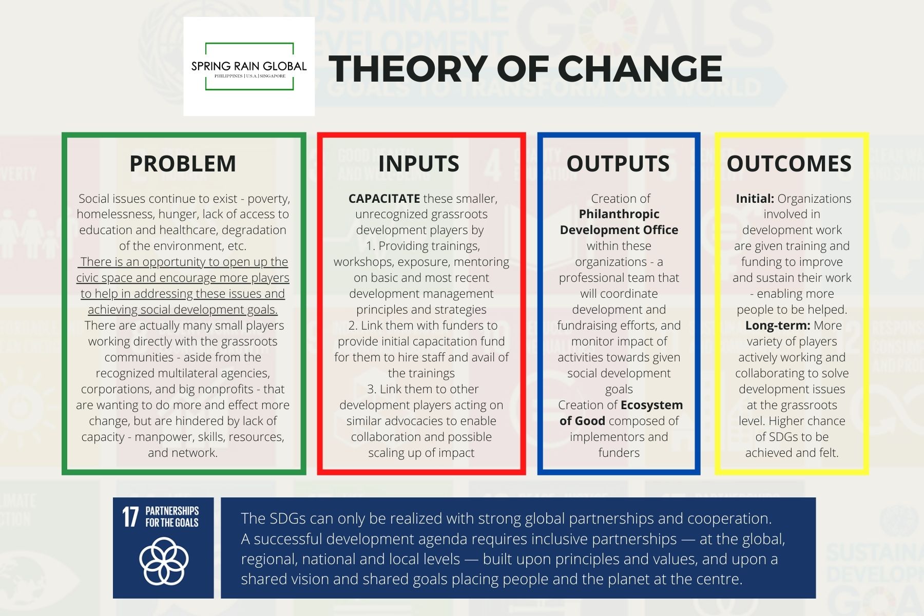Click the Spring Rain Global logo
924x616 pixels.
pos(249,67)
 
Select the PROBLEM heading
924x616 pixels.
pos(183,164)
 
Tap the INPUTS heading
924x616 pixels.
pos(419,164)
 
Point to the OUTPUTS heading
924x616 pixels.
pos(618,164)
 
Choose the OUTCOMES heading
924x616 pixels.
pos(789,164)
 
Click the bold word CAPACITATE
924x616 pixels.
pos(384,199)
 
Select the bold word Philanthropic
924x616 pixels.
pos(619,214)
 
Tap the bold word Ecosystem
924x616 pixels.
pos(651,405)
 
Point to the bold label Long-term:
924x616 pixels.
pos(778,325)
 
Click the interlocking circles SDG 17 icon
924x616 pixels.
pos(164,561)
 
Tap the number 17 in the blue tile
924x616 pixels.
pos(130,517)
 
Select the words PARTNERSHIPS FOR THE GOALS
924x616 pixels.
pos(172,517)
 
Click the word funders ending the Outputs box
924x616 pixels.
pos(619,453)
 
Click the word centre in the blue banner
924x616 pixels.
pos(719,579)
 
